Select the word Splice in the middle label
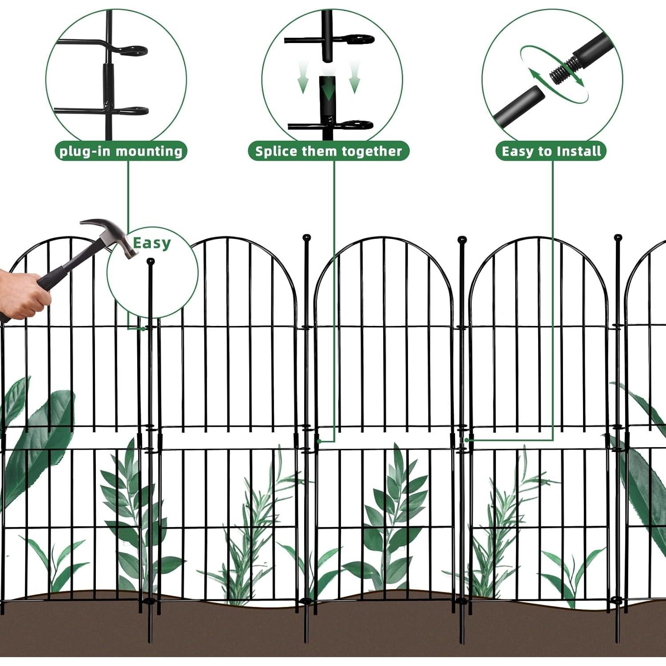pyautogui.click(x=276, y=151)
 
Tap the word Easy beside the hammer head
pyautogui.click(x=151, y=243)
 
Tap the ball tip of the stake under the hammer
pyautogui.click(x=151, y=262)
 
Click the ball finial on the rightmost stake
pyautogui.click(x=618, y=238)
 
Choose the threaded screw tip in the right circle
pyautogui.click(x=562, y=71)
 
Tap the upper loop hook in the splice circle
pyautogui.click(x=360, y=40)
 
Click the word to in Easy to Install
pyautogui.click(x=546, y=151)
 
